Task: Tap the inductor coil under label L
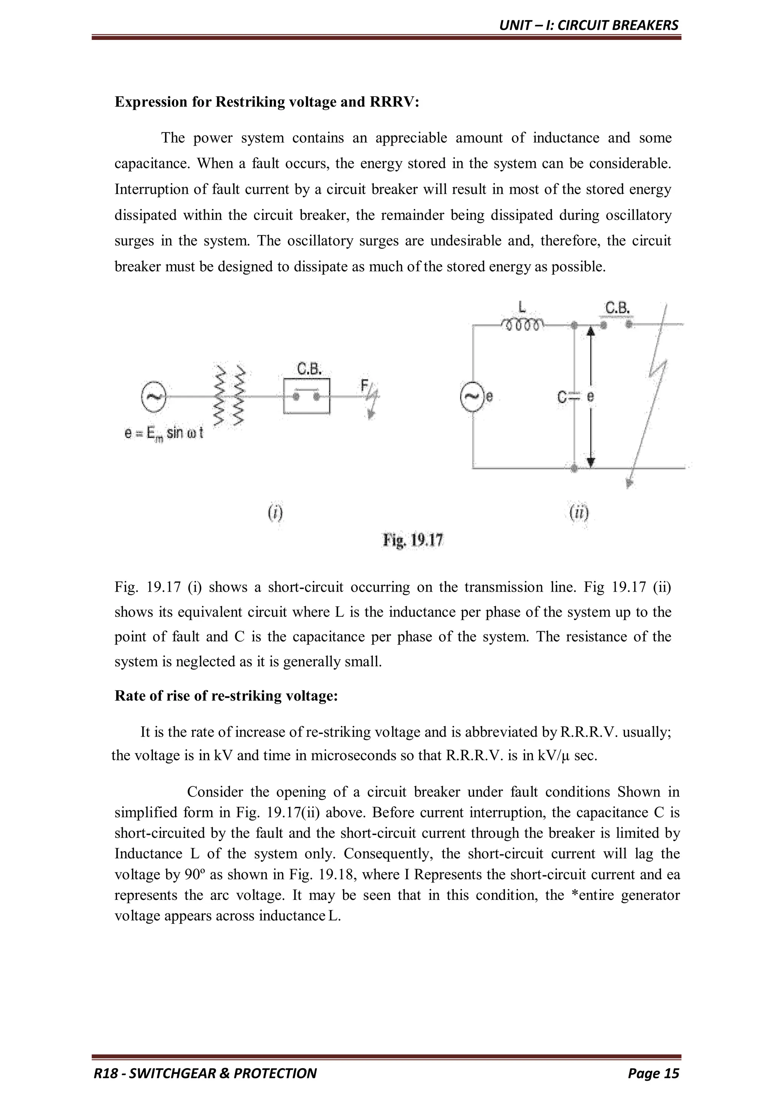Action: [x=522, y=325]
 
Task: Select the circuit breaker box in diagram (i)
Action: [x=306, y=396]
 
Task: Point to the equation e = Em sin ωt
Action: [x=164, y=434]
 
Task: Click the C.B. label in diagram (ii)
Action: [x=617, y=309]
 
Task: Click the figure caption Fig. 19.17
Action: [x=413, y=540]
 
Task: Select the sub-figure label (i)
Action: [x=274, y=513]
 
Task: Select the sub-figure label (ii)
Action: [x=579, y=513]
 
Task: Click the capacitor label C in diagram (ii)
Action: [x=562, y=397]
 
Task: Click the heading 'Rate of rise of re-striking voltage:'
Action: [x=226, y=696]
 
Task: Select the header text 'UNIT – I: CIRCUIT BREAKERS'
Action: [x=588, y=25]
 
